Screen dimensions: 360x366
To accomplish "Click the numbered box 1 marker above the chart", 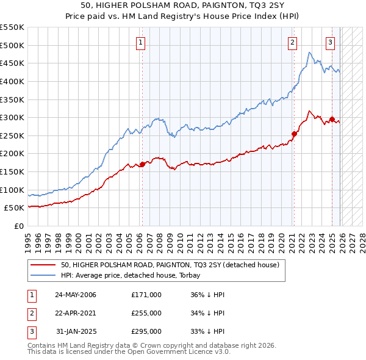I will coord(141,42).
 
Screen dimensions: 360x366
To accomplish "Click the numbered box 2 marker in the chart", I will coord(293,42).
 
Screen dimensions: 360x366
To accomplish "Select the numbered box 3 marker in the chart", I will coord(330,42).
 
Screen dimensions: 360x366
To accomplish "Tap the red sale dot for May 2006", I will coord(142,164).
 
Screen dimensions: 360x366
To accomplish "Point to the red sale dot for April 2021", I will coord(294,134).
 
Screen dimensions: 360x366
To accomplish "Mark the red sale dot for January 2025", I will coord(332,120).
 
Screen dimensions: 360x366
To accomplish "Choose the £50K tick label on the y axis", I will coord(15,208).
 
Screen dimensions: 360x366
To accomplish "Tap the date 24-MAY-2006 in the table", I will coord(76,295).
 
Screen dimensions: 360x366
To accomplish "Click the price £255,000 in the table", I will coord(146,313).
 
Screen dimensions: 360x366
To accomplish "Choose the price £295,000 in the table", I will coord(146,331).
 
